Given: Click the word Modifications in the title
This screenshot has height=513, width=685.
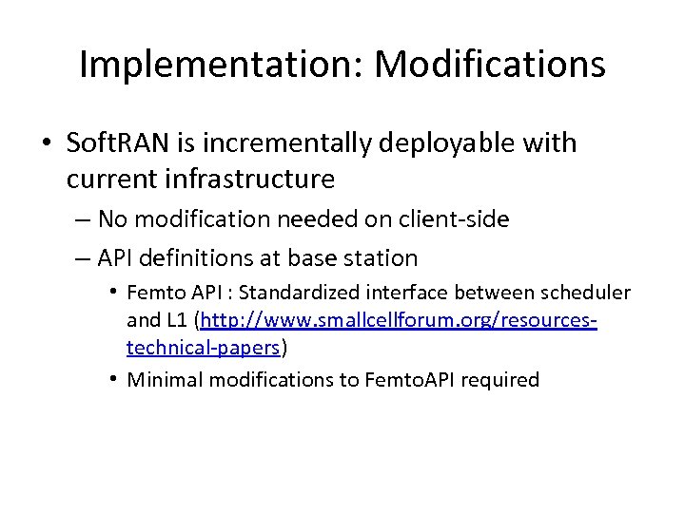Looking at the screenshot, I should click(489, 65).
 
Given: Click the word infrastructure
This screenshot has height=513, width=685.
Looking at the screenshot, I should click(255, 178).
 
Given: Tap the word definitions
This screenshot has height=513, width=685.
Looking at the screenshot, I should click(199, 257).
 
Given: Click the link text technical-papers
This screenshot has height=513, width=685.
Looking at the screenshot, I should click(204, 349).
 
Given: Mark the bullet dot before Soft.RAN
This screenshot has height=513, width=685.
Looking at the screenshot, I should click(47, 144).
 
